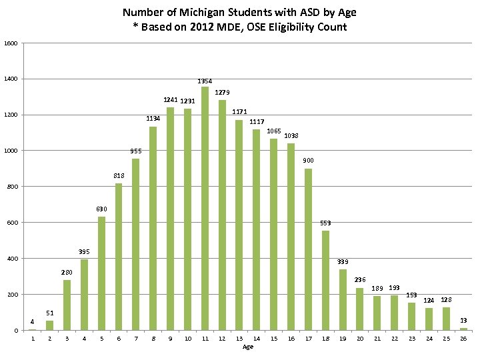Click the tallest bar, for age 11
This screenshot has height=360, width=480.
tap(205, 208)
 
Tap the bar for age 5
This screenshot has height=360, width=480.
tap(101, 273)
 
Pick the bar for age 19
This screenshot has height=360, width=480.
tap(343, 299)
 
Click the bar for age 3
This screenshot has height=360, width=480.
tap(67, 305)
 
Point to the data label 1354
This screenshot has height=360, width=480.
tap(205, 81)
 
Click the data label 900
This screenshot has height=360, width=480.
tap(308, 161)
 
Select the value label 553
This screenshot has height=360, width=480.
tap(325, 223)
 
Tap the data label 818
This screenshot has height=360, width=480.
tap(118, 176)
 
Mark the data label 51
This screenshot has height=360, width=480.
tap(50, 313)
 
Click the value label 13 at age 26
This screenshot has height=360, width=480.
tap(463, 321)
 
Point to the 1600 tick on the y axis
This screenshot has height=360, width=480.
tap(12, 43)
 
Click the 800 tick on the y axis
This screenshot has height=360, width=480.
tap(14, 187)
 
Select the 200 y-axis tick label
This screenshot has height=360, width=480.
tap(14, 295)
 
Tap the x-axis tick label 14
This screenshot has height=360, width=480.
tap(257, 339)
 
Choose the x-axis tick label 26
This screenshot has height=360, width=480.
tap(463, 339)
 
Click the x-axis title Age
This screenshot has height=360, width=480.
tap(248, 347)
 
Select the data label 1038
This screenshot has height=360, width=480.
tap(291, 136)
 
